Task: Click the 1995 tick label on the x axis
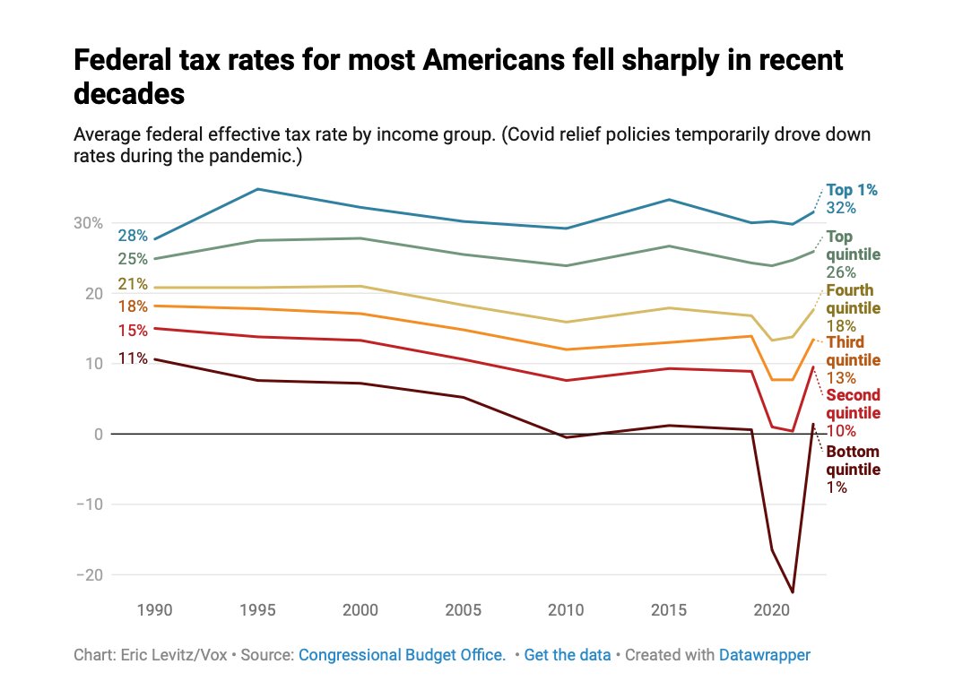click(x=258, y=610)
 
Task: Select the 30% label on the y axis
click(x=88, y=223)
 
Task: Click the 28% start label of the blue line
click(x=132, y=236)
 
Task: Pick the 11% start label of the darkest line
click(x=132, y=358)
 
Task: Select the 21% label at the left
click(x=132, y=284)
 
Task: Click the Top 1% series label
click(x=852, y=190)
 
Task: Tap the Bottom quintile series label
click(x=853, y=461)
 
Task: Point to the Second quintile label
click(x=853, y=404)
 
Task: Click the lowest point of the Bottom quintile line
click(x=793, y=591)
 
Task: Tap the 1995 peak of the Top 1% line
click(x=258, y=189)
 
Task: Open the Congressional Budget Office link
click(x=402, y=655)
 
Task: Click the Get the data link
click(x=568, y=655)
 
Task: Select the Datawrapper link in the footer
click(x=764, y=655)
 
